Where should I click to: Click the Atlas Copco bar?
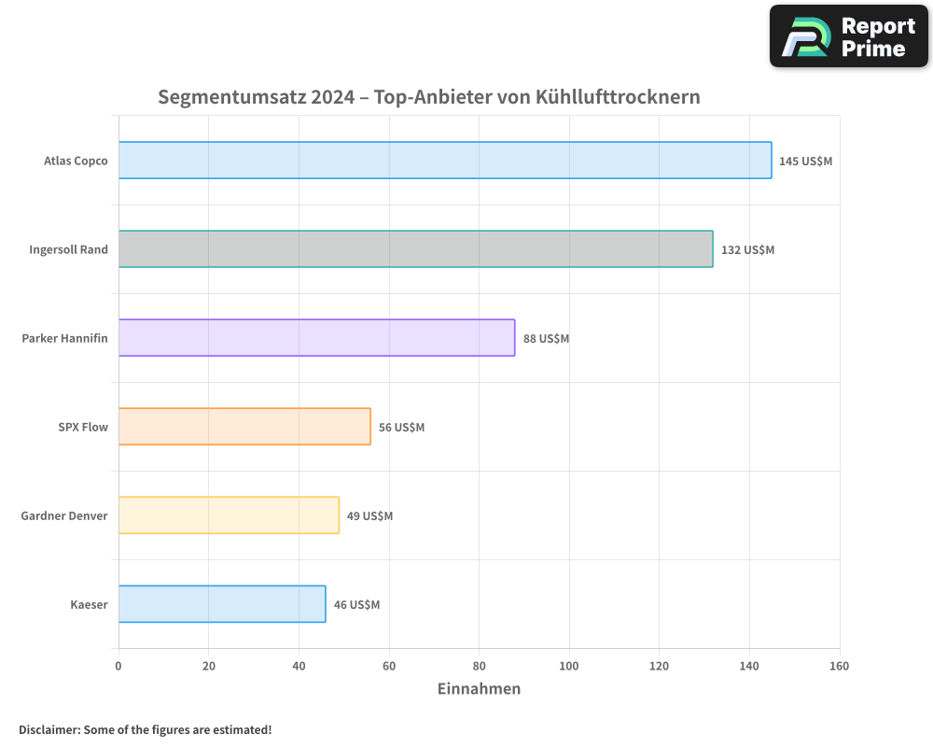pyautogui.click(x=445, y=161)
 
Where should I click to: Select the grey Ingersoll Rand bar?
pyautogui.click(x=415, y=249)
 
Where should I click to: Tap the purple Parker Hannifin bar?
pyautogui.click(x=316, y=338)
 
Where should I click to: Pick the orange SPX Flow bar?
pyautogui.click(x=244, y=427)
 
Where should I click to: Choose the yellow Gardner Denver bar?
pyautogui.click(x=229, y=515)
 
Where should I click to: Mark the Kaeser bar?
pyautogui.click(x=222, y=604)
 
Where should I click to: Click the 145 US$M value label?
pyautogui.click(x=805, y=162)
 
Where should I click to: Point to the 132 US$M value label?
pyautogui.click(x=747, y=250)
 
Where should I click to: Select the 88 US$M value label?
pyautogui.click(x=546, y=339)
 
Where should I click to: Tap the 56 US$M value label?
pyautogui.click(x=401, y=428)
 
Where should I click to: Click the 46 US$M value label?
pyautogui.click(x=356, y=605)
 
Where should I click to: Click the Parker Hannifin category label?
pyautogui.click(x=64, y=338)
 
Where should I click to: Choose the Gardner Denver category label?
pyautogui.click(x=64, y=515)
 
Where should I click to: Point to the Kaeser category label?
pyautogui.click(x=89, y=604)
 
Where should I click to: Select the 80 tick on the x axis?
pyautogui.click(x=479, y=666)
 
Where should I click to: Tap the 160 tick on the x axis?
pyautogui.click(x=839, y=666)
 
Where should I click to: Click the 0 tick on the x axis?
pyautogui.click(x=118, y=666)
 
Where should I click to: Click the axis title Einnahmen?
pyautogui.click(x=479, y=689)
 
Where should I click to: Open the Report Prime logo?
pyautogui.click(x=848, y=36)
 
